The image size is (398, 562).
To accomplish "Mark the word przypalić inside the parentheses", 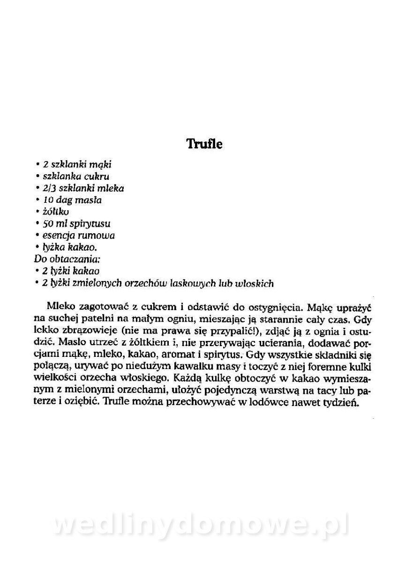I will tap(232, 332).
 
